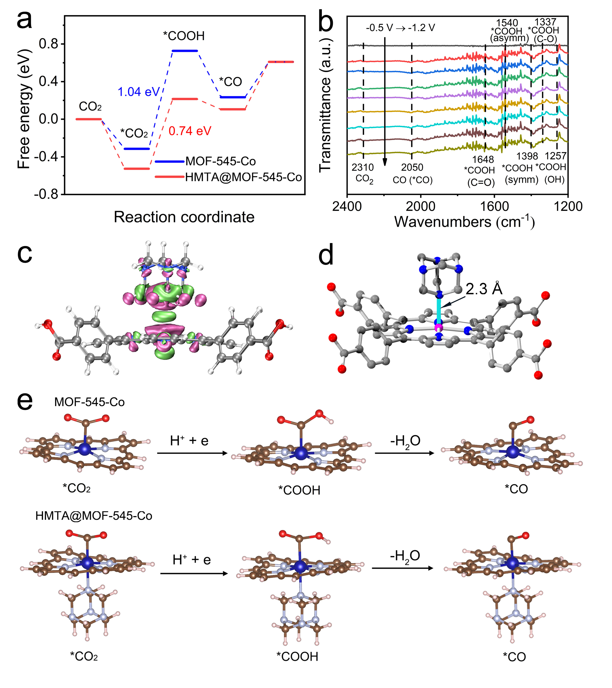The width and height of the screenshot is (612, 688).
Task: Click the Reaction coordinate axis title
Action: [x=184, y=217]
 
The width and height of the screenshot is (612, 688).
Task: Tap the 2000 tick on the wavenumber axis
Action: [x=421, y=206]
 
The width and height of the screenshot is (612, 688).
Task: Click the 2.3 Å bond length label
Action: [x=484, y=289]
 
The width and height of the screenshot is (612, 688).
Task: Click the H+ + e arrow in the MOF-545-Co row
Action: [x=192, y=453]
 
